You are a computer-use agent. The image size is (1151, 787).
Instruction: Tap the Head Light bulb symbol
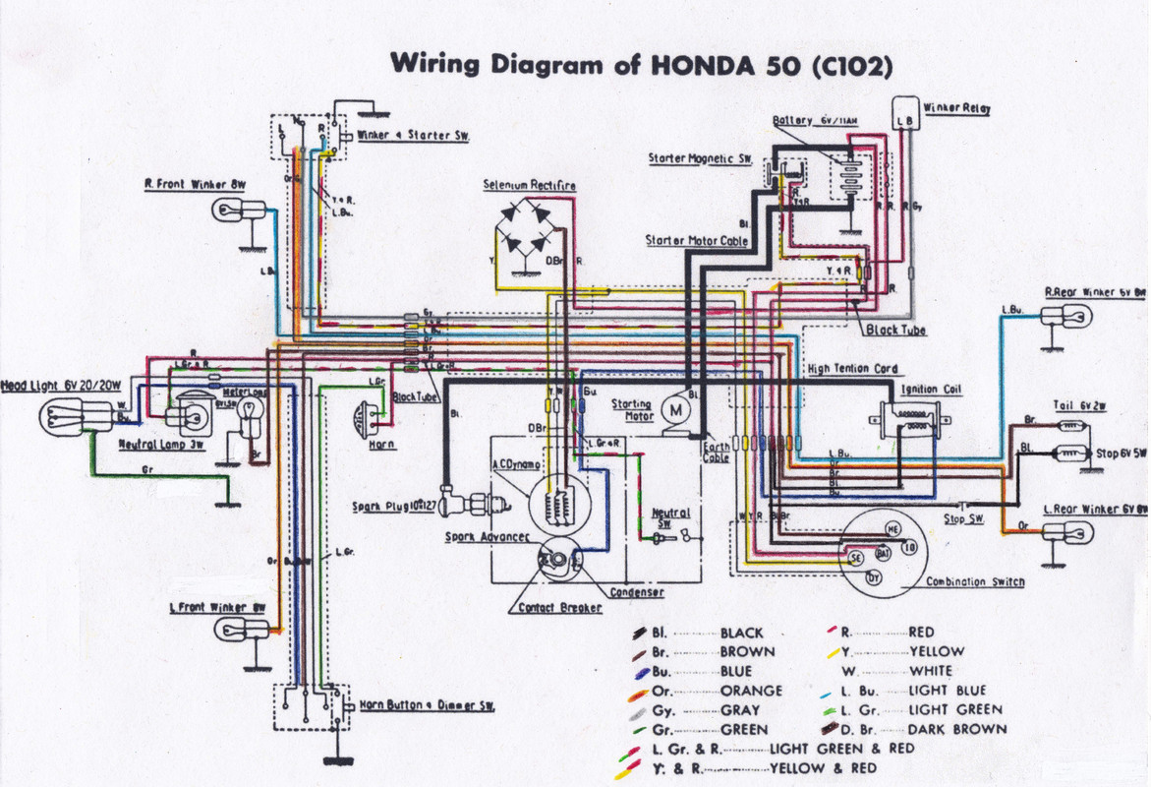point(65,419)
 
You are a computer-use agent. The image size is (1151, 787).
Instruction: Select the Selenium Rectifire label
point(529,185)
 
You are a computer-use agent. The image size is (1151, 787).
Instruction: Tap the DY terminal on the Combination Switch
point(874,577)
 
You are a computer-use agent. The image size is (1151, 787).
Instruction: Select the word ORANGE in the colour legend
point(751,691)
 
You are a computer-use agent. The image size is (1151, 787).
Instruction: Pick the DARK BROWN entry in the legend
point(956,729)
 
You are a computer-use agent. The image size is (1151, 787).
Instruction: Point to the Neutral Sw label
point(670,518)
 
